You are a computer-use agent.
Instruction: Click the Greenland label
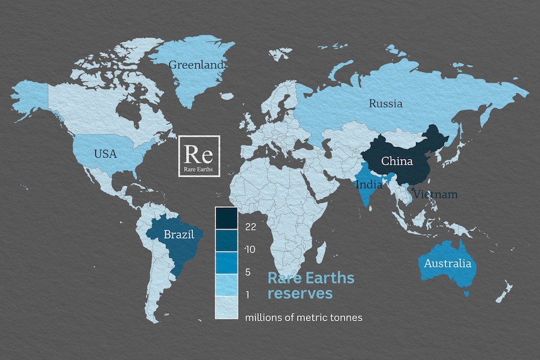tap(197, 64)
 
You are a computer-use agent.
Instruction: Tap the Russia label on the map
tap(385, 103)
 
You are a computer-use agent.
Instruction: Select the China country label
tap(397, 161)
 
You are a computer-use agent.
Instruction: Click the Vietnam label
tap(435, 195)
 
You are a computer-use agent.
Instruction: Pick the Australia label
tap(447, 264)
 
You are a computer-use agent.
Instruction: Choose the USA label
tap(105, 153)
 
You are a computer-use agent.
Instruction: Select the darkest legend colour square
tap(226, 219)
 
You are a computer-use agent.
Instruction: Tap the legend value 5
tap(249, 272)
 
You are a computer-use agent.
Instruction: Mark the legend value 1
tap(249, 294)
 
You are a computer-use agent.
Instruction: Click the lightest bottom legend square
tap(226, 307)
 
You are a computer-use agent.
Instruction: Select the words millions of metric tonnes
tap(304, 317)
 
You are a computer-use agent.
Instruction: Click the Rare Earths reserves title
tap(311, 285)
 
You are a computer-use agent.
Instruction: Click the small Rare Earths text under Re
tap(199, 169)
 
